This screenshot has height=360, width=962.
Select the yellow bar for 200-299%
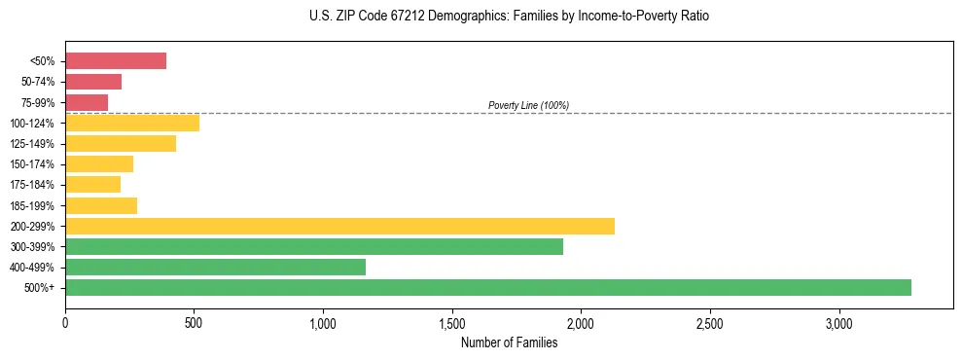point(339,226)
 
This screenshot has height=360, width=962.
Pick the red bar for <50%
point(116,61)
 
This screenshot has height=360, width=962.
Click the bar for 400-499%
point(215,267)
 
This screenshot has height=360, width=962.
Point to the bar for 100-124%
point(132,123)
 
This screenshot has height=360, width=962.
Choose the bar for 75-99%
point(87,102)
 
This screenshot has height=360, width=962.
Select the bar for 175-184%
point(92,184)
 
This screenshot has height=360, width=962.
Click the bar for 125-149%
point(121,143)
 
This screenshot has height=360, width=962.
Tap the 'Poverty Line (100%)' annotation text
point(528,105)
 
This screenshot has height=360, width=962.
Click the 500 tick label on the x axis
point(194,323)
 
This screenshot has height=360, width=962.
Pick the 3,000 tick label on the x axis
point(838,323)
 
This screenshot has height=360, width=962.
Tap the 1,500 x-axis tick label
point(451,323)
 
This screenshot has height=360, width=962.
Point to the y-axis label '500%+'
point(40,288)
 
